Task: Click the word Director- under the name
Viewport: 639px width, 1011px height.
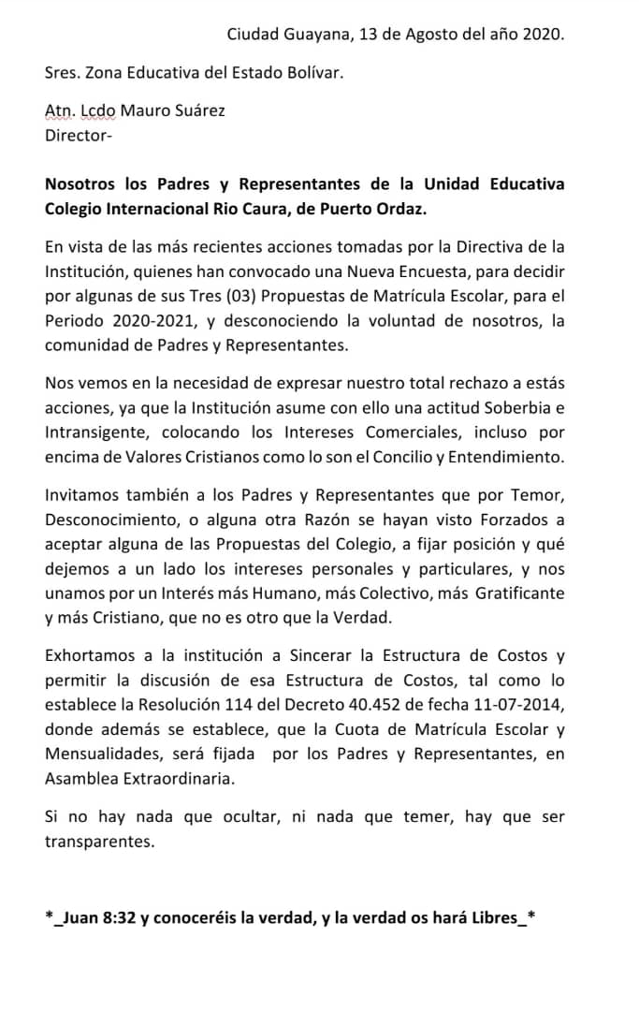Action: pyautogui.click(x=79, y=135)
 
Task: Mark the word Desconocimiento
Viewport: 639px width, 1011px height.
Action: pyautogui.click(x=110, y=520)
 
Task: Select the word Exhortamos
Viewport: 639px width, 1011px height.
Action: pyautogui.click(x=90, y=655)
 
